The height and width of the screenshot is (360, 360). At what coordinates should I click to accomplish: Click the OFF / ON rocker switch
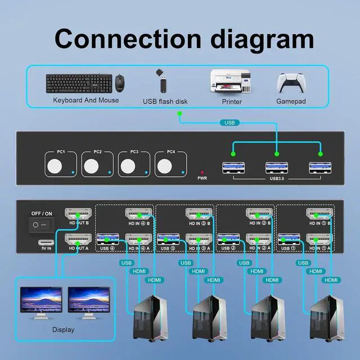[40, 224]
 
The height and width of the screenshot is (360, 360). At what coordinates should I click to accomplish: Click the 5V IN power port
[46, 244]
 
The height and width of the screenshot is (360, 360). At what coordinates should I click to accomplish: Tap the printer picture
[229, 83]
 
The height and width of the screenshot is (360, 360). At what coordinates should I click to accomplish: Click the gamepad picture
[290, 83]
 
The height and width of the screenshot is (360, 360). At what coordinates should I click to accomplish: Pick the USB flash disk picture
[161, 82]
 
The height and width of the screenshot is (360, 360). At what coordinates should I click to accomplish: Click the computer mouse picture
[119, 83]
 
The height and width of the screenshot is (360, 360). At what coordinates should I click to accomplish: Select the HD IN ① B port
[318, 214]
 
